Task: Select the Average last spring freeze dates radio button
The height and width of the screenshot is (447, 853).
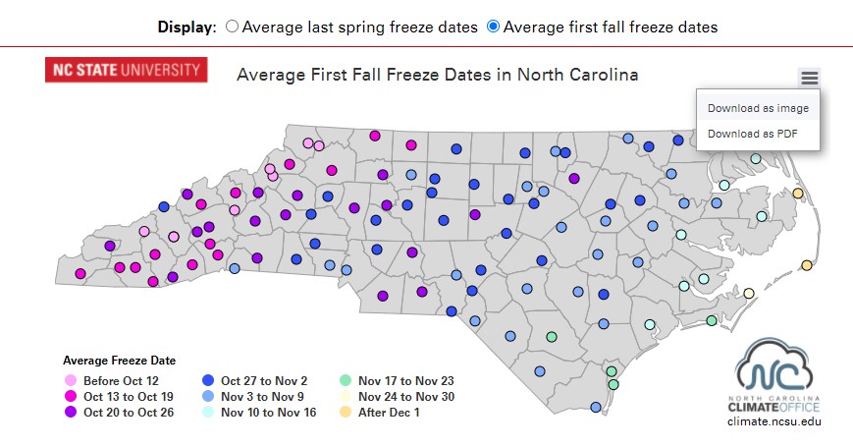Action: [x=232, y=28]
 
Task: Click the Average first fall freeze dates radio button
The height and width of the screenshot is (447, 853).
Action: [x=493, y=28]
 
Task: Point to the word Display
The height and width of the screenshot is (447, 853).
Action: [x=186, y=28]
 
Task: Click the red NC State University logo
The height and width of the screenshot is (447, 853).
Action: [x=126, y=70]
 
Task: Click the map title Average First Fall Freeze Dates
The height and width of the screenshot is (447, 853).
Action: [x=437, y=75]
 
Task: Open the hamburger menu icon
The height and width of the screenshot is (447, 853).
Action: [x=809, y=78]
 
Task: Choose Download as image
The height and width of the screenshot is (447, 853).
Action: [x=758, y=108]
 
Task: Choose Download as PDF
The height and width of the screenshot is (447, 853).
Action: [x=752, y=134]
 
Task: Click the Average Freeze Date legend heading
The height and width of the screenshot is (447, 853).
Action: [x=119, y=361]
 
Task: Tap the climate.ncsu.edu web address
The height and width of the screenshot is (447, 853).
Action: [x=773, y=420]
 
